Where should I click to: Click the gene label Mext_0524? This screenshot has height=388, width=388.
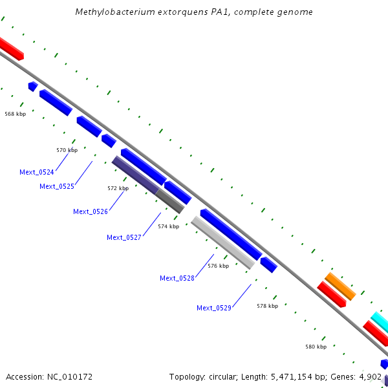click(37, 172)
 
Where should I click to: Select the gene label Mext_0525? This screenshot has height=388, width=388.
click(57, 186)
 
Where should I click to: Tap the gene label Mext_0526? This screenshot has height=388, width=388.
click(91, 211)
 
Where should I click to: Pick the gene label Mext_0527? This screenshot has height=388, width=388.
click(124, 237)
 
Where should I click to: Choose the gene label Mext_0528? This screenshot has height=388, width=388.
click(177, 278)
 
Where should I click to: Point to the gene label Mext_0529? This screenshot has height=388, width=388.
click(214, 308)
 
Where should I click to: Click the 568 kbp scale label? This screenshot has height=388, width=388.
click(16, 114)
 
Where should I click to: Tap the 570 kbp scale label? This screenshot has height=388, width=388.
click(67, 150)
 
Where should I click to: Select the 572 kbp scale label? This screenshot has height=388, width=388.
click(118, 188)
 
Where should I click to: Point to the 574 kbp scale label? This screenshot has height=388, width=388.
click(168, 226)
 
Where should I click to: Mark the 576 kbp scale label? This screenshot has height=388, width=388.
click(218, 266)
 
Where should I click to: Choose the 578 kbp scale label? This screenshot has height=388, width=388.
click(267, 306)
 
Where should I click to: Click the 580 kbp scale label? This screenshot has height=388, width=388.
click(316, 347)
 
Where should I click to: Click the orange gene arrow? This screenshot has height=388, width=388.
click(340, 286)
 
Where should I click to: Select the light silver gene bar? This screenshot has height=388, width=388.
click(223, 242)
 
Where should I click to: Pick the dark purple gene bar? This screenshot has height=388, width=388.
click(135, 174)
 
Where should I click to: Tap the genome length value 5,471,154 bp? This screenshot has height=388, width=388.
click(294, 376)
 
